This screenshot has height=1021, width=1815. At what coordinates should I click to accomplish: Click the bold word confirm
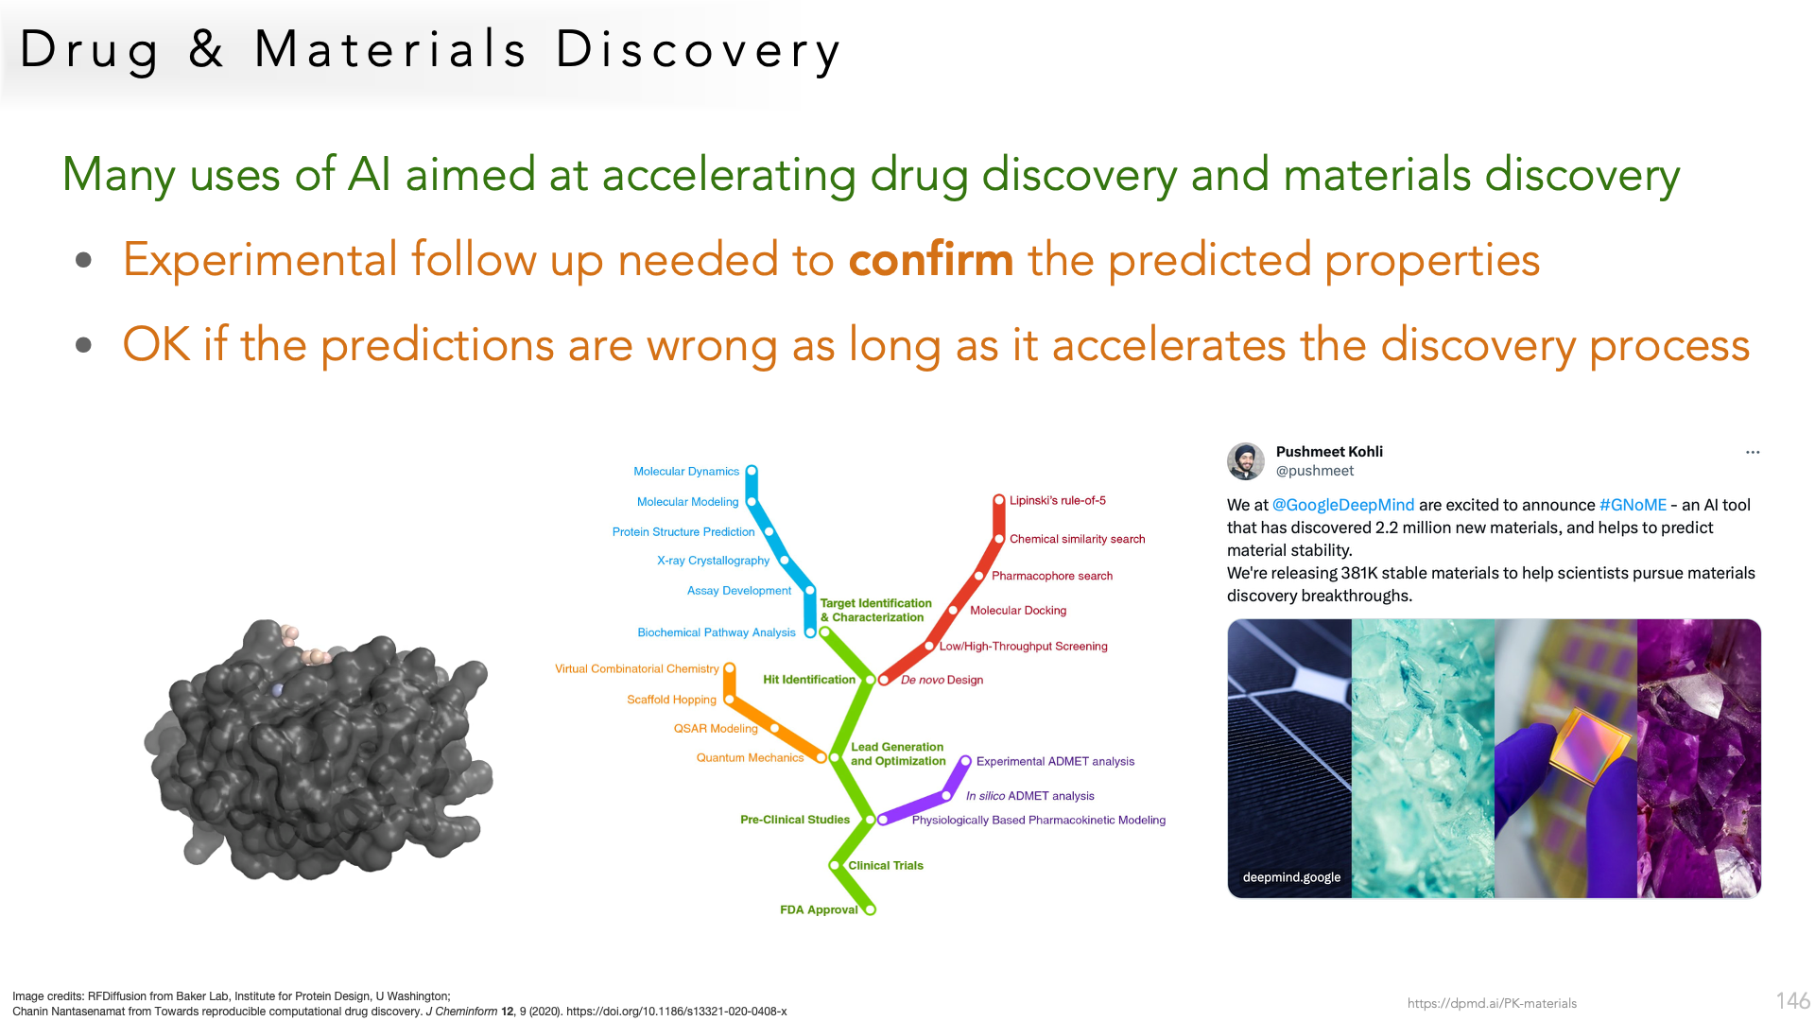click(x=931, y=260)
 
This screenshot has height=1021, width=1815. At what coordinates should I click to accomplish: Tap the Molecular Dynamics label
click(x=686, y=472)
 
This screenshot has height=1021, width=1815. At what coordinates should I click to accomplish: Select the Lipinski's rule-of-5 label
click(x=1058, y=501)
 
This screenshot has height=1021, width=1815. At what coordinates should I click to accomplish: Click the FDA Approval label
click(x=819, y=910)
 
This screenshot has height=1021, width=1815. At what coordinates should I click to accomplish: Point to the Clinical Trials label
click(x=886, y=866)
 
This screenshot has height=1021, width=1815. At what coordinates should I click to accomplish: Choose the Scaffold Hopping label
click(x=671, y=701)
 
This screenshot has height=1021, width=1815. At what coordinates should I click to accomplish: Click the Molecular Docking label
click(x=1018, y=611)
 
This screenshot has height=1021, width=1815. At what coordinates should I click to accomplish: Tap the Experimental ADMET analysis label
click(x=1055, y=762)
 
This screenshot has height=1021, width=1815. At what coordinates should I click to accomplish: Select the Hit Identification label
click(x=809, y=680)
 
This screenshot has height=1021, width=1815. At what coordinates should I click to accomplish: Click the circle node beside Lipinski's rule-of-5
click(x=998, y=500)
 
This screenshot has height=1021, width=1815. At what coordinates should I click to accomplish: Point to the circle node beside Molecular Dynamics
click(x=752, y=471)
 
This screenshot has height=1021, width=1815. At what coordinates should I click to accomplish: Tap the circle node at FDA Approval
click(x=870, y=909)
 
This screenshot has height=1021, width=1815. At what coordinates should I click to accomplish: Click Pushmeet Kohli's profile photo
click(x=1246, y=461)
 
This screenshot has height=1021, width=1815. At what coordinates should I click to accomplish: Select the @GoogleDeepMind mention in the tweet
click(x=1343, y=506)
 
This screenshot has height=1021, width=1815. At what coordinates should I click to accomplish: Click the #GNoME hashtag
click(x=1633, y=506)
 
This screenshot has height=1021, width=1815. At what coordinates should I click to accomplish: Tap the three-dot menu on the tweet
click(x=1753, y=453)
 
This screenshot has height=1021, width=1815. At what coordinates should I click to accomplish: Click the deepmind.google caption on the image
click(x=1291, y=877)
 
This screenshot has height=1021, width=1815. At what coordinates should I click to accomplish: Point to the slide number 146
click(x=1792, y=1001)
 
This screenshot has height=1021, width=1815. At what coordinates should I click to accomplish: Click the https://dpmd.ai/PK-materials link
click(x=1492, y=1004)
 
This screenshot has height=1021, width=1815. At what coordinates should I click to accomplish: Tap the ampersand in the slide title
click(x=206, y=50)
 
